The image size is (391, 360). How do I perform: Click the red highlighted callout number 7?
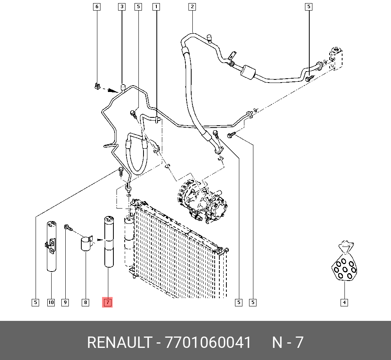pyautogui.click(x=107, y=302)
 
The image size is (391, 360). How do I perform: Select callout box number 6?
pyautogui.click(x=97, y=7)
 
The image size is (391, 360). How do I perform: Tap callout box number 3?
pyautogui.click(x=122, y=7)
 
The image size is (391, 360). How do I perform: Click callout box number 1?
pyautogui.click(x=156, y=7)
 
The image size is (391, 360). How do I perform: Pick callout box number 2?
pyautogui.click(x=192, y=7)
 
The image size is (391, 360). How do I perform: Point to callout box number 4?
pyautogui.click(x=344, y=302)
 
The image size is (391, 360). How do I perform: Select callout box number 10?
pyautogui.click(x=51, y=302)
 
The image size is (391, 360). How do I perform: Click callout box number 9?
pyautogui.click(x=65, y=302)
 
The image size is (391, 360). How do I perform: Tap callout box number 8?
pyautogui.click(x=85, y=302)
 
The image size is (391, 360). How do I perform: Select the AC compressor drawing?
pyautogui.click(x=201, y=200)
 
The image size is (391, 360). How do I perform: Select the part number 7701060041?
pyautogui.click(x=208, y=343)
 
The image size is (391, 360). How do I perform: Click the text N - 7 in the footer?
pyautogui.click(x=288, y=343)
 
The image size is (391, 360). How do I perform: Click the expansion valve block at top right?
pyautogui.click(x=335, y=58)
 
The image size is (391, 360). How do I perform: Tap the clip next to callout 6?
pyautogui.click(x=97, y=86)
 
